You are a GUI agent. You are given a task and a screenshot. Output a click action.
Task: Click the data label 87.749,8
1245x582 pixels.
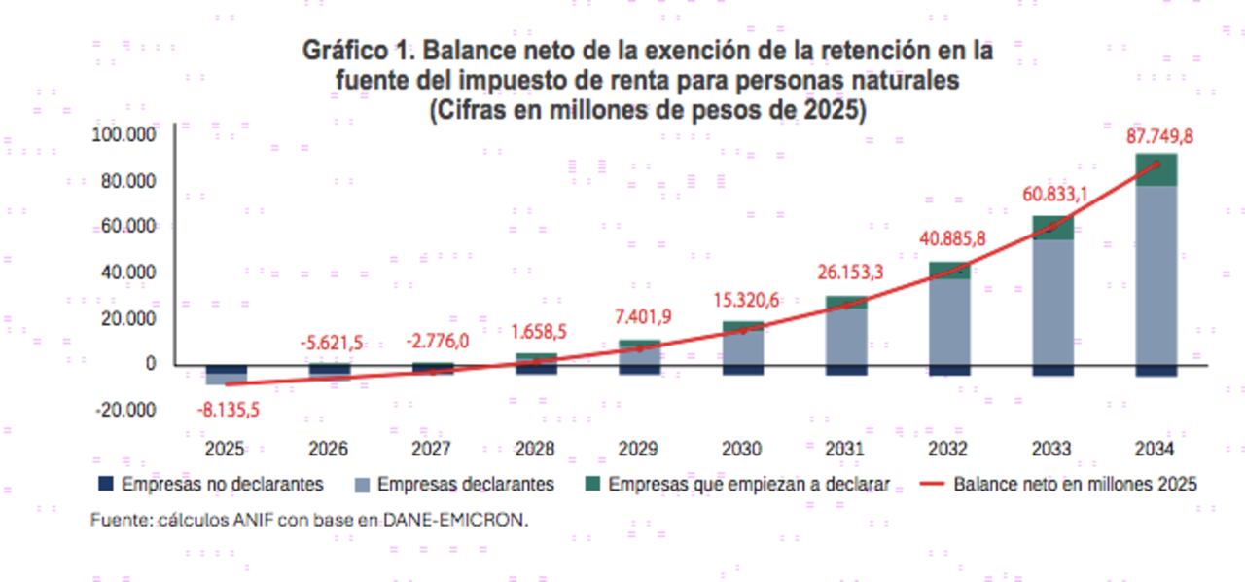(1158, 136)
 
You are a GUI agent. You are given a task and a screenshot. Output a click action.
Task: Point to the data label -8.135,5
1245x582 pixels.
(227, 411)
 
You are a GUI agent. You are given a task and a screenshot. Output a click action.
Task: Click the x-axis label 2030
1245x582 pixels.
(742, 449)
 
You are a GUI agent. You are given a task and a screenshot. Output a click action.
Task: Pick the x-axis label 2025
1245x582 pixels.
(225, 449)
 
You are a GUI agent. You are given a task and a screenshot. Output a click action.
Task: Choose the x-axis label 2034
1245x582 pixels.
(1155, 449)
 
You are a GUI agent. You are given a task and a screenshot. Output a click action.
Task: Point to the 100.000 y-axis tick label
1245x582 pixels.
(124, 134)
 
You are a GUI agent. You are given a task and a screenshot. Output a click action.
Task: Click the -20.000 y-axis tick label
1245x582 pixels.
(126, 410)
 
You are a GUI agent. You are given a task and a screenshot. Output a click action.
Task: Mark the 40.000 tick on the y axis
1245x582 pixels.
(130, 273)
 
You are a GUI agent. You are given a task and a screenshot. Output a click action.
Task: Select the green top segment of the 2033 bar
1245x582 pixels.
(1052, 228)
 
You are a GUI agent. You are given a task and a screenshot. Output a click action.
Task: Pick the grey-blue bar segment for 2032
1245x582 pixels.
(949, 321)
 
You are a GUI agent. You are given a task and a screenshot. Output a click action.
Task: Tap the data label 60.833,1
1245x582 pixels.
(1054, 195)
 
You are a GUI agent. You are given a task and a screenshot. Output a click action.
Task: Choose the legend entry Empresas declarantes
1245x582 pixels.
(465, 484)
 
